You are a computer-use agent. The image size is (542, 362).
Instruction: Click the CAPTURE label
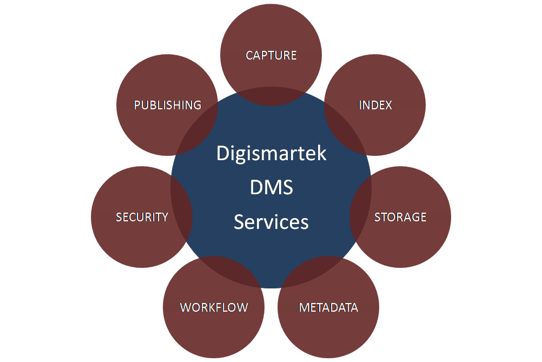point(271,55)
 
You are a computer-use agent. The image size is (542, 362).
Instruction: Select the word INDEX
point(375,105)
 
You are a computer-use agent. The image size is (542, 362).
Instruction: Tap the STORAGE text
point(400,217)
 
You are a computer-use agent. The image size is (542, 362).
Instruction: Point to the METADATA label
point(328,307)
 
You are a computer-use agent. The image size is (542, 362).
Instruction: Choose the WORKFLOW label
point(214,307)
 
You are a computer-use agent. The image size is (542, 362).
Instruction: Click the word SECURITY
point(142,217)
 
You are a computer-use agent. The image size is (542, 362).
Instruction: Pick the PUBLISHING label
point(168,105)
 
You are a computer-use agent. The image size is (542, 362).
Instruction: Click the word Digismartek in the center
point(271,154)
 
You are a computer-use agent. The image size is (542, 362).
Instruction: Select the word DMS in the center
point(271,188)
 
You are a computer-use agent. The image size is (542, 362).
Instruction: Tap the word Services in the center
point(271,222)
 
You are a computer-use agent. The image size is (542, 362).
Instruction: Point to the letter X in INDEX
point(388,105)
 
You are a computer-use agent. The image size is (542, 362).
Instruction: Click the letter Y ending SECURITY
point(164,217)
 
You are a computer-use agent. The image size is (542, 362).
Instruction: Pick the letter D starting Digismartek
point(222,154)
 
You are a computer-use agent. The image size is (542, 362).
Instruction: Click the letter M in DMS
point(272,188)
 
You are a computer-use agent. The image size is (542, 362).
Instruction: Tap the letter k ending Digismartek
point(322,154)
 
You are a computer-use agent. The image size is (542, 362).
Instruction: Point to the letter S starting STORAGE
point(378,217)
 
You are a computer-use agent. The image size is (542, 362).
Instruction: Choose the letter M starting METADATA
point(304,307)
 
